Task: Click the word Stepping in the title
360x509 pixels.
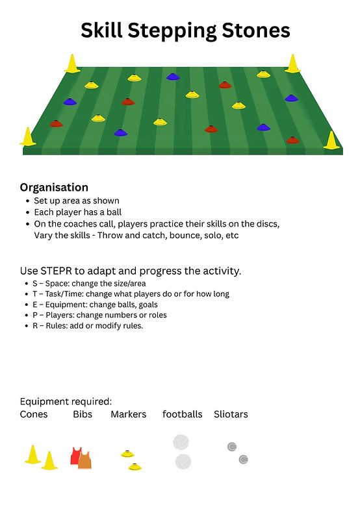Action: pyautogui.click(x=172, y=31)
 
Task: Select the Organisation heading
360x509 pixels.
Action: pyautogui.click(x=54, y=187)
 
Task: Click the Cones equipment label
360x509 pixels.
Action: pyautogui.click(x=34, y=414)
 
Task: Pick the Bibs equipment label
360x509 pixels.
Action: pyautogui.click(x=83, y=414)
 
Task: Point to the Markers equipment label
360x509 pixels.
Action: pyautogui.click(x=129, y=414)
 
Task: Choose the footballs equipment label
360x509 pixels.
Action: pyautogui.click(x=182, y=414)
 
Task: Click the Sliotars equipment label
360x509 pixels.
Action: pyautogui.click(x=231, y=414)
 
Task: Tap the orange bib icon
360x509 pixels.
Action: pyautogui.click(x=85, y=460)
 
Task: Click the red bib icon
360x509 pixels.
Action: pyautogui.click(x=75, y=456)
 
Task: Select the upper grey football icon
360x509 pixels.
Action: pyautogui.click(x=181, y=442)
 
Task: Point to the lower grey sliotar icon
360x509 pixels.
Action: pyautogui.click(x=243, y=460)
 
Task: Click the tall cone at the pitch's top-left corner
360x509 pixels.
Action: pyautogui.click(x=71, y=64)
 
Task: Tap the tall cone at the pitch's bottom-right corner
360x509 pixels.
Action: pyautogui.click(x=331, y=140)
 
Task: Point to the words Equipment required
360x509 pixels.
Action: pyautogui.click(x=66, y=401)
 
